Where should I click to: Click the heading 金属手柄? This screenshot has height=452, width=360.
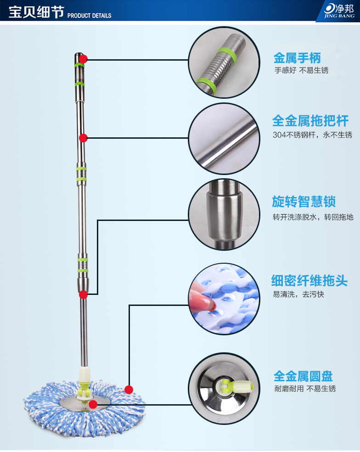point(297,58)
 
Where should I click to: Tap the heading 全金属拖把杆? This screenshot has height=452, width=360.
point(310,121)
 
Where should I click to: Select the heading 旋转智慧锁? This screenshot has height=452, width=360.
point(304,202)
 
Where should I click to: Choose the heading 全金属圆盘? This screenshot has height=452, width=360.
point(303,376)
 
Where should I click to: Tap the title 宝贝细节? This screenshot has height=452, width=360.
point(36,12)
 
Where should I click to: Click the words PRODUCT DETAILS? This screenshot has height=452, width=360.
point(90,16)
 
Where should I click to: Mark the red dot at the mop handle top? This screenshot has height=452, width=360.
point(83,59)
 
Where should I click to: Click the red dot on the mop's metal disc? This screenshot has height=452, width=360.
point(93,404)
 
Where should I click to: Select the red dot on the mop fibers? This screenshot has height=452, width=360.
point(129,390)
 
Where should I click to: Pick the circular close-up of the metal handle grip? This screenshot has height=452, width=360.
point(222,62)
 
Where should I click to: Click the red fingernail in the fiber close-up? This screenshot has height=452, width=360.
point(204,300)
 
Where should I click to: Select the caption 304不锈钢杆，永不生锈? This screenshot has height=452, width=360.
point(312,135)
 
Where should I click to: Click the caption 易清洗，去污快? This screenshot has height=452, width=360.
point(298,294)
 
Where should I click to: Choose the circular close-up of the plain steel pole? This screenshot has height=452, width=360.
point(222,138)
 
